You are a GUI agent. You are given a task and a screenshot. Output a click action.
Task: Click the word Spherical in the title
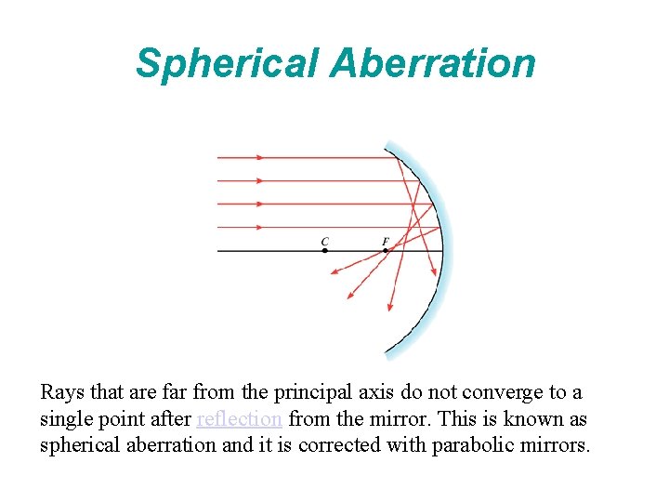point(228,64)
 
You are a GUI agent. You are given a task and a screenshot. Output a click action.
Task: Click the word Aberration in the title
point(432,63)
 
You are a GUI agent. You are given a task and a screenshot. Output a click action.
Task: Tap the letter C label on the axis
point(324,242)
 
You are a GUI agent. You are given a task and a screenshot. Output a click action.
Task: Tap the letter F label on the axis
point(386,242)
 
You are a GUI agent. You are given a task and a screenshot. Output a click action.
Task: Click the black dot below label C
point(324,250)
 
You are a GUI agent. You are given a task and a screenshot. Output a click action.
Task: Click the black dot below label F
point(386,250)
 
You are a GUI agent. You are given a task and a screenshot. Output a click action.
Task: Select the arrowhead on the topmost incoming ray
point(261,158)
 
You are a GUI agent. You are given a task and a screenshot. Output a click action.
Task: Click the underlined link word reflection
point(239,419)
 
